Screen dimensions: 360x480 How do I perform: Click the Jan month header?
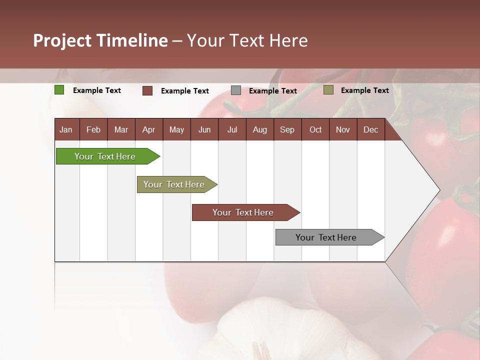66,130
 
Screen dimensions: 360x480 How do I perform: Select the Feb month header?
93,130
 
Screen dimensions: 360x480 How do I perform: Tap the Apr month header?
148,130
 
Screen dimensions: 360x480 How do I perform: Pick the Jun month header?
204,130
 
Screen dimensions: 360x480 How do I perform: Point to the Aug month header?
259,130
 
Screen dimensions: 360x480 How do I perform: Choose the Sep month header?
287,130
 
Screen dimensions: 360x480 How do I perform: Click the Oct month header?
315,130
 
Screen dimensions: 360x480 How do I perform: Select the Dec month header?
370,130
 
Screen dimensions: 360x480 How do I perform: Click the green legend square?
59,90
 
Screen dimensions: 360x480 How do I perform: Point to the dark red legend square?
147,90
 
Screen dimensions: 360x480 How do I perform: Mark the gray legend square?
236,90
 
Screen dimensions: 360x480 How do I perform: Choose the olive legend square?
328,90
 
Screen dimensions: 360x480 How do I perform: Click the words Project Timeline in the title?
100,40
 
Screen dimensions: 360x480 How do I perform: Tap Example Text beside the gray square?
272,91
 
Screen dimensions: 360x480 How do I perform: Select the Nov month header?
343,130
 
